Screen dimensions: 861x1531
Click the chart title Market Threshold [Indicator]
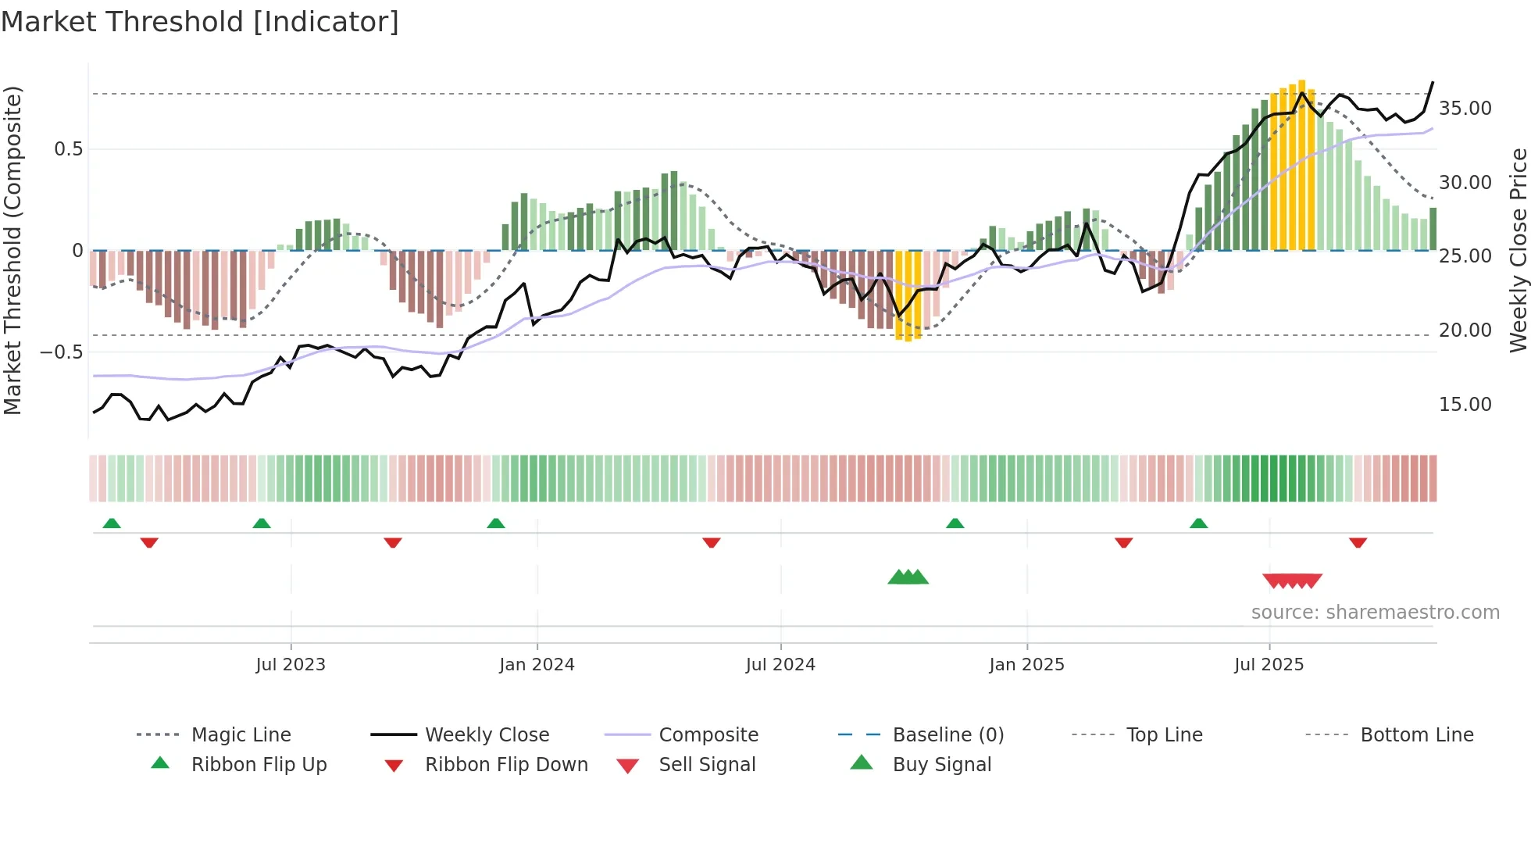tap(200, 22)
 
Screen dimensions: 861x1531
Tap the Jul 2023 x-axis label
tap(291, 665)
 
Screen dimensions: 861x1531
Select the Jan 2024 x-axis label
tap(537, 665)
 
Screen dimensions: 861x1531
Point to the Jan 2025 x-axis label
tap(1026, 665)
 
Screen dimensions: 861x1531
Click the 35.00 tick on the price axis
tap(1465, 109)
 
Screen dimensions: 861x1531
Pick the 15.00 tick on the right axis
tap(1465, 405)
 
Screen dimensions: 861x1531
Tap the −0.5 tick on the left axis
tap(61, 352)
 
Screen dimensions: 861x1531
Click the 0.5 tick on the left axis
tap(68, 149)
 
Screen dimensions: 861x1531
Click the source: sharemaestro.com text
tap(1375, 613)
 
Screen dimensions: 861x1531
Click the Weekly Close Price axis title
tap(1518, 250)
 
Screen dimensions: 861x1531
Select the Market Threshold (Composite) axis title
tap(12, 250)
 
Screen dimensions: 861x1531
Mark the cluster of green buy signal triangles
tap(908, 577)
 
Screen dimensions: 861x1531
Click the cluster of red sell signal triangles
tap(1292, 581)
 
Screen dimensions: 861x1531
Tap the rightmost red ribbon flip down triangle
tap(1358, 542)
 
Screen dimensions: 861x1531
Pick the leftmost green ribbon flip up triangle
tap(112, 523)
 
